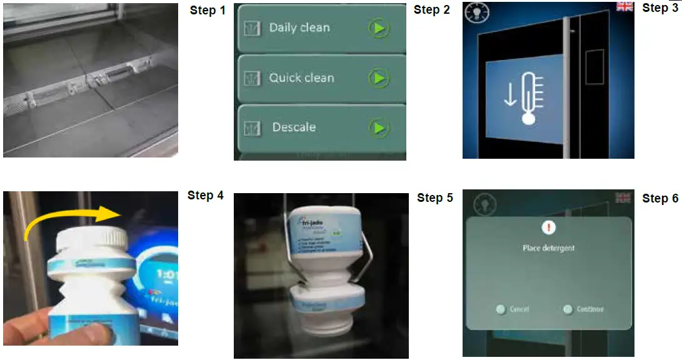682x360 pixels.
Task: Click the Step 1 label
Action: [x=208, y=11]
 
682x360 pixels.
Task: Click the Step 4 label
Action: [x=205, y=196]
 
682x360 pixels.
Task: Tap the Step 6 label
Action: [x=660, y=198]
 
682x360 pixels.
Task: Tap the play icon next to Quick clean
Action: [x=378, y=78]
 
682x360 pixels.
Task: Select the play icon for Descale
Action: [x=378, y=127]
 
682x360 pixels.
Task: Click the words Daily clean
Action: [x=299, y=27]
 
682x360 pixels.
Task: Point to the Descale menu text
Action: [x=294, y=127]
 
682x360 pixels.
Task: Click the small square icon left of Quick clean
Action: [x=252, y=79]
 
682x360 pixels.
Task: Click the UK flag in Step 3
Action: [x=624, y=6]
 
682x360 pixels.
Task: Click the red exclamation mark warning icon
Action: [x=548, y=228]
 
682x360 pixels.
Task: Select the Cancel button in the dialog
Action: [x=513, y=309]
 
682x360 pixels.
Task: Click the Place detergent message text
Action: [x=548, y=248]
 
